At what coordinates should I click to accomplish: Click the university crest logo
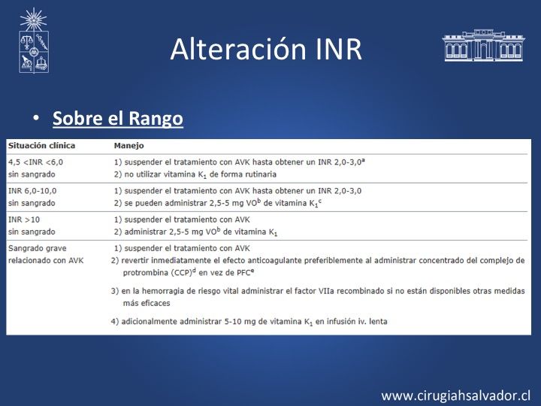click(34, 41)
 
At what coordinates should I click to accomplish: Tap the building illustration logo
click(483, 45)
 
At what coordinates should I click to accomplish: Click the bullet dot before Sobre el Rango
click(36, 118)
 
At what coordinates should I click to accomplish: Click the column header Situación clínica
click(42, 145)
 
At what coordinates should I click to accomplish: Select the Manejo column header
click(128, 146)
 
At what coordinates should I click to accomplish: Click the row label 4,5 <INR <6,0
click(35, 162)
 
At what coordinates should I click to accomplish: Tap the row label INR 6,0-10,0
click(32, 191)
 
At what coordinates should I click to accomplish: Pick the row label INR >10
click(24, 220)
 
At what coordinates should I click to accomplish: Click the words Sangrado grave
click(38, 249)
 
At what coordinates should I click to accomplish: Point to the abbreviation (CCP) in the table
click(182, 273)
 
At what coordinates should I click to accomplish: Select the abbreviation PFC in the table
click(243, 273)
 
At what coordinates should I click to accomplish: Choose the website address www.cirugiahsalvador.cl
click(455, 395)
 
